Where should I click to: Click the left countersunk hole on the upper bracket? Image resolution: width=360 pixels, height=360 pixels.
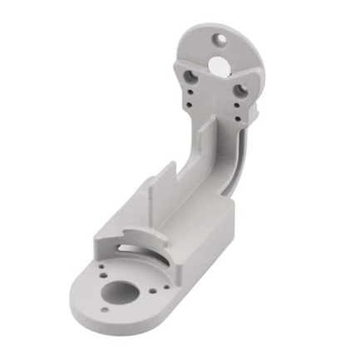point(192,76)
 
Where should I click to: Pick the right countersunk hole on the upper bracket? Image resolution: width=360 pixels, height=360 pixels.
point(240,86)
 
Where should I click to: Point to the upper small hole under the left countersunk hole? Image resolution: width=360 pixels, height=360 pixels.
point(193,92)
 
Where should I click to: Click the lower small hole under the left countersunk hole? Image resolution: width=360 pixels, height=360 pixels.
point(193,103)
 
